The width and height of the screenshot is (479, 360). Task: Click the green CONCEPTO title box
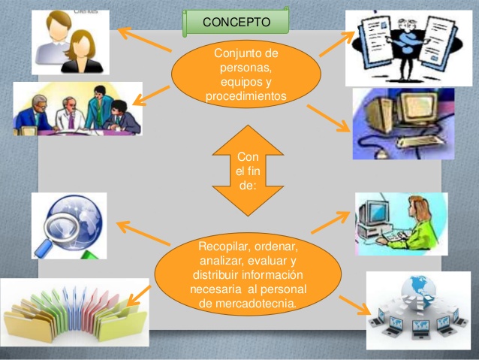(235, 21)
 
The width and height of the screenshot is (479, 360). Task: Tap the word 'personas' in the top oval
(246, 68)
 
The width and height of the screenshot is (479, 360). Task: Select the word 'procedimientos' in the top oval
(246, 96)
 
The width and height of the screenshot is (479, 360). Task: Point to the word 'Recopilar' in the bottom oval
(224, 247)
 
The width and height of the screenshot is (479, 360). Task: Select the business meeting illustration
(77, 109)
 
